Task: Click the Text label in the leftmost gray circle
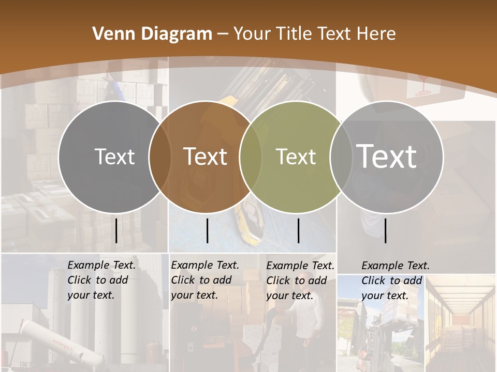tap(114, 157)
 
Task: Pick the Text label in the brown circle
tap(206, 157)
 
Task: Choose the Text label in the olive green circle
tap(296, 157)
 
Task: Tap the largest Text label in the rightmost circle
tap(387, 156)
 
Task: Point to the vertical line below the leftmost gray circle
tap(116, 230)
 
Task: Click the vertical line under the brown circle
tap(207, 230)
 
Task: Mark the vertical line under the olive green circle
tap(298, 230)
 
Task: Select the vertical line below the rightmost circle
tap(385, 230)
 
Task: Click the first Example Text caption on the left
tap(101, 280)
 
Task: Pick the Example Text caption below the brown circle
tap(205, 280)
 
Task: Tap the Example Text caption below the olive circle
tap(300, 281)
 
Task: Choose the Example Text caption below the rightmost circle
tap(396, 281)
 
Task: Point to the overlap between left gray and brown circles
tap(159, 157)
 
